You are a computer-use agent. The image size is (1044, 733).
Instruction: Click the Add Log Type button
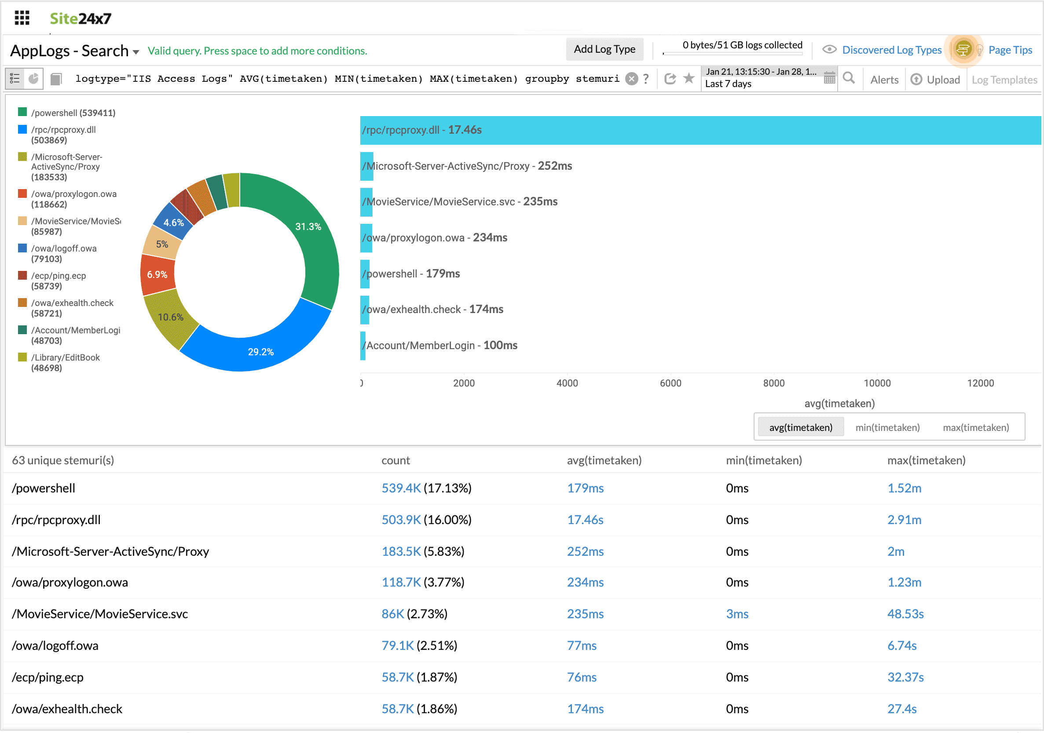tap(604, 49)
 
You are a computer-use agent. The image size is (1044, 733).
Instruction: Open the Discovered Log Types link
tap(891, 50)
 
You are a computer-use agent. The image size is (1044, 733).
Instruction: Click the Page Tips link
tap(1010, 50)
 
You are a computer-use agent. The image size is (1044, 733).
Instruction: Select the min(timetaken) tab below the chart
tap(887, 427)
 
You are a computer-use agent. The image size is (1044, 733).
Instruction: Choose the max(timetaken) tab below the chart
tap(975, 427)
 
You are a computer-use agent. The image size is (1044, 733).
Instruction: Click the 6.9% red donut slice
tap(157, 274)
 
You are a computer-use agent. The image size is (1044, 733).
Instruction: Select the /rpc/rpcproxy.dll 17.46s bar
tap(682, 130)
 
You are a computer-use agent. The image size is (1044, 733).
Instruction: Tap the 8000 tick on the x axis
tap(773, 383)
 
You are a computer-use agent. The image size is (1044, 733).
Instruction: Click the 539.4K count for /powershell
tap(401, 488)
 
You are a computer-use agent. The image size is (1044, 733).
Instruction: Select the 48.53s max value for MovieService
tap(905, 614)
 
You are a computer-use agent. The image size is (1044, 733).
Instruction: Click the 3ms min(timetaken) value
tap(736, 614)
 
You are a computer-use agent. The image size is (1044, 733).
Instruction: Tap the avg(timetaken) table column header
tap(604, 460)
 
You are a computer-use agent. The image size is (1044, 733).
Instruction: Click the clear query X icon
tap(631, 79)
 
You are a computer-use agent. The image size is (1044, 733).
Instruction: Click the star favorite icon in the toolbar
tap(689, 79)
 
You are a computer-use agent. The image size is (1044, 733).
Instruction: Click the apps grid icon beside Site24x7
tap(22, 18)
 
